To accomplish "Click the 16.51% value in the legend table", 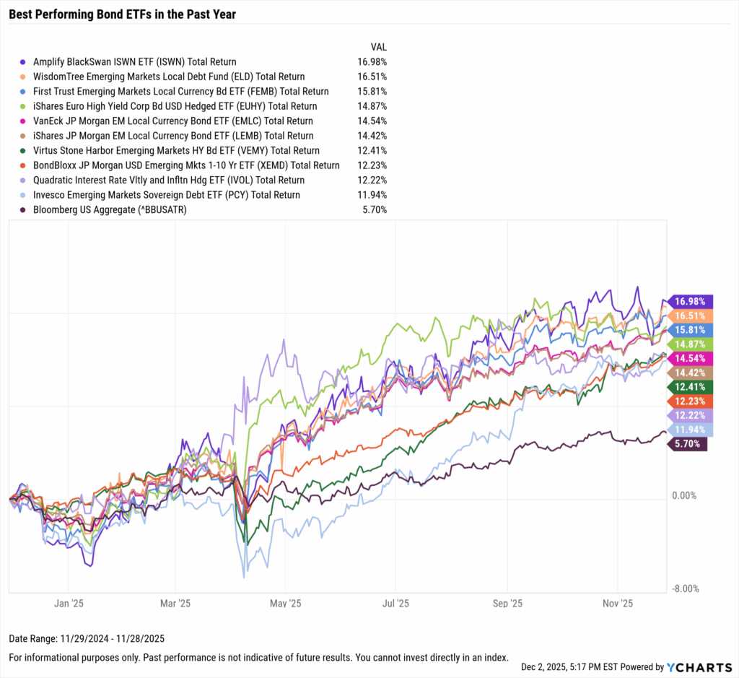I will (x=372, y=77).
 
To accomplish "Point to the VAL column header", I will (x=379, y=47).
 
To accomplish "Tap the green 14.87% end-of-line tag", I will (x=691, y=344).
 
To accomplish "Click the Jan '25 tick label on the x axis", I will (x=69, y=602).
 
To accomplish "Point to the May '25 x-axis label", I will (x=287, y=602).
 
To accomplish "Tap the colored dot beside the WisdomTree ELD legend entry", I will (x=25, y=77).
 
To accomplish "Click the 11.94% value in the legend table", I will (x=372, y=195).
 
